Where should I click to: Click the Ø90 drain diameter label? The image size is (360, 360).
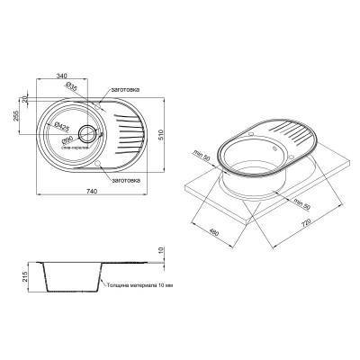pos(67,139)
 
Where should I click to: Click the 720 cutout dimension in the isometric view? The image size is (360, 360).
pos(307,218)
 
